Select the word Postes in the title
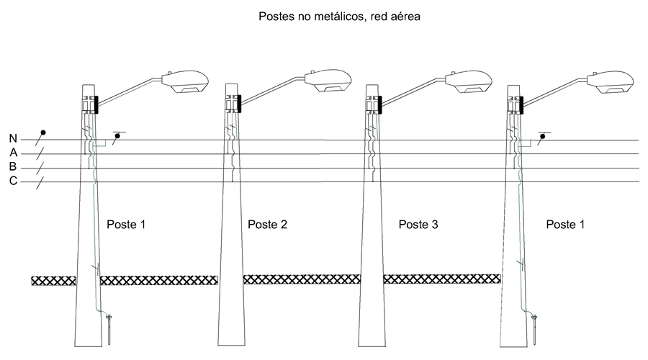[x=276, y=17]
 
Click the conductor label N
[x=13, y=139]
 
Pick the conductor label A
[x=13, y=153]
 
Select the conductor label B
[x=13, y=167]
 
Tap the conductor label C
[x=13, y=181]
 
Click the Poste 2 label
[x=267, y=225]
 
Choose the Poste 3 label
[x=418, y=225]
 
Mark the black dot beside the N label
[x=43, y=132]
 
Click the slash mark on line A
[x=40, y=153]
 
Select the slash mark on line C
[x=40, y=181]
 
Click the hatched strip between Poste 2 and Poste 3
[x=301, y=279]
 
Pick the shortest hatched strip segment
[x=53, y=280]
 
